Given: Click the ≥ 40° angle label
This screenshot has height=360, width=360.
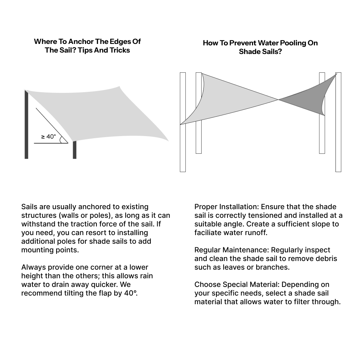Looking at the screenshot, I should click(x=49, y=136).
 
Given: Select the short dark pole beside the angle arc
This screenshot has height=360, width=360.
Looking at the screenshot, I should click(x=75, y=150).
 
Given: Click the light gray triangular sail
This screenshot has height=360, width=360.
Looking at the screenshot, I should click(x=230, y=97).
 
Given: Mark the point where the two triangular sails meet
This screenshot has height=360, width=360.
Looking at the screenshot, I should click(x=278, y=99).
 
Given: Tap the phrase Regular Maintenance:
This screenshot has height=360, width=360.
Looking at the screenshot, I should click(x=232, y=250).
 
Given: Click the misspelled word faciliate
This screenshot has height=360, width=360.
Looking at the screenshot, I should click(x=210, y=233).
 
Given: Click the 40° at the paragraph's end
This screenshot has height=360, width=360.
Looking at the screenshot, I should click(x=131, y=293).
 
